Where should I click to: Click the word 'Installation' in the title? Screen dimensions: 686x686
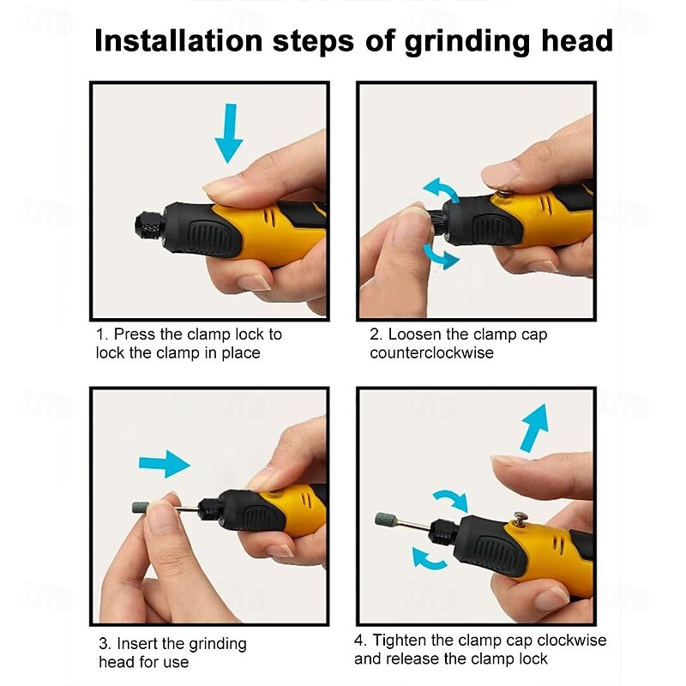tap(178, 40)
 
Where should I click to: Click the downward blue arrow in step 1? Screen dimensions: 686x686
tap(229, 133)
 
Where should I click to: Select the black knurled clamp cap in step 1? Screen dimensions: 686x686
tap(150, 228)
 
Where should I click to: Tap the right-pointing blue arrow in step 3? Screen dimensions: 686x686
tap(164, 464)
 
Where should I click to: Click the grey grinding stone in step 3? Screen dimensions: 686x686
tap(141, 508)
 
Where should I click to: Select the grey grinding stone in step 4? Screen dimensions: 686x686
tap(385, 520)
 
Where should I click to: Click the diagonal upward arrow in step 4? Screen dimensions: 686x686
tap(534, 427)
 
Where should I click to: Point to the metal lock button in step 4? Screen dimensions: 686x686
tap(521, 518)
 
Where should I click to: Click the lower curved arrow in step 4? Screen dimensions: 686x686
tap(429, 558)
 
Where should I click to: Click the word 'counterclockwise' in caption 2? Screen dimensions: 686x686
tap(432, 352)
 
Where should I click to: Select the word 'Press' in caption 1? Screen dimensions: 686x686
tap(135, 334)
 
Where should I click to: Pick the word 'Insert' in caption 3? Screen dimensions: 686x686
tap(136, 644)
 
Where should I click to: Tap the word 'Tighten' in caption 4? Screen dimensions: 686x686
tap(400, 640)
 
